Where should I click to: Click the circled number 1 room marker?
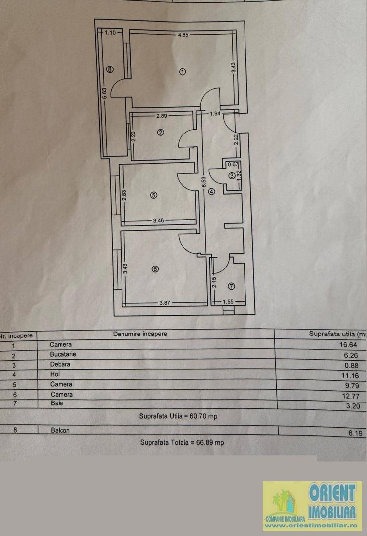pyautogui.click(x=183, y=72)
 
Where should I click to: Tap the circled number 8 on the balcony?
pyautogui.click(x=110, y=69)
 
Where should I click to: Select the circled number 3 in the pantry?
pyautogui.click(x=232, y=176)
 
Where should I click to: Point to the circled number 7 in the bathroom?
pyautogui.click(x=231, y=286)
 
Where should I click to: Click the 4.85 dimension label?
pyautogui.click(x=183, y=35)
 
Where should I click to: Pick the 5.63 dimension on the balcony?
pyautogui.click(x=105, y=94)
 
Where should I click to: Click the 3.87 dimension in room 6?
pyautogui.click(x=165, y=303)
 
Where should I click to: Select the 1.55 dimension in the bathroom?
pyautogui.click(x=228, y=302)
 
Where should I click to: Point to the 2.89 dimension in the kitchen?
pyautogui.click(x=162, y=116)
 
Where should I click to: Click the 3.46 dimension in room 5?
pyautogui.click(x=158, y=220)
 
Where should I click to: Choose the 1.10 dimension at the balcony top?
pyautogui.click(x=110, y=32)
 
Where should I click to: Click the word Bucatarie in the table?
pyautogui.click(x=63, y=354)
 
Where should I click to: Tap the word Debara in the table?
pyautogui.click(x=60, y=364)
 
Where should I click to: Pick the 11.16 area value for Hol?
pyautogui.click(x=350, y=375)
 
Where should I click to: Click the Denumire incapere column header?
pyautogui.click(x=140, y=334)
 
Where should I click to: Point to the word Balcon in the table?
pyautogui.click(x=60, y=430)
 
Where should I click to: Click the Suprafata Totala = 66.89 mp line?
pyautogui.click(x=182, y=442)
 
